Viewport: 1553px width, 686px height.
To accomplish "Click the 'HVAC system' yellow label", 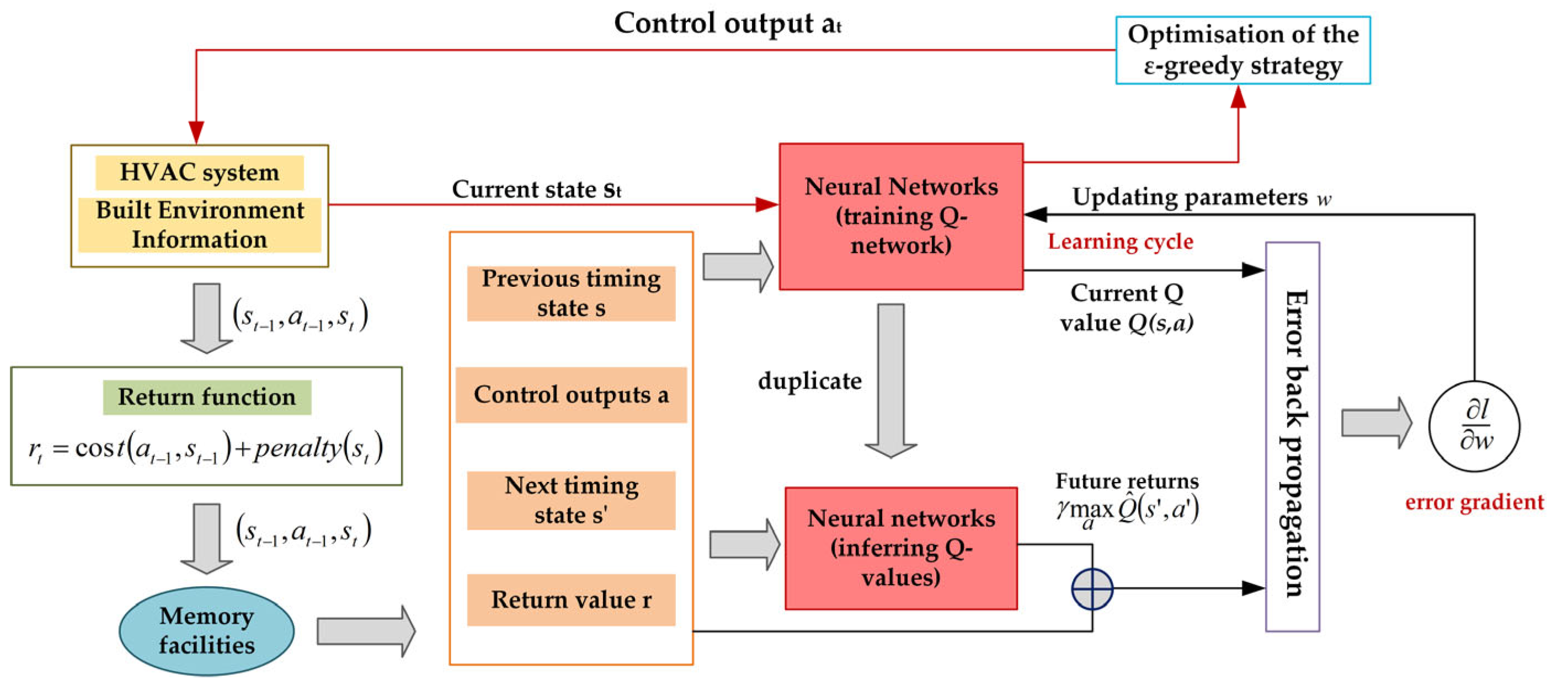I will (199, 173).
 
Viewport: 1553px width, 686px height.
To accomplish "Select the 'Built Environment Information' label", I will (199, 224).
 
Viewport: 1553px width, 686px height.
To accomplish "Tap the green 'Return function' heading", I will (207, 396).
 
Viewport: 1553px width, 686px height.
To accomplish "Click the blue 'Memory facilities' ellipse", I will (207, 630).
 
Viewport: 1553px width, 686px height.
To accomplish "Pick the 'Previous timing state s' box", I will (570, 293).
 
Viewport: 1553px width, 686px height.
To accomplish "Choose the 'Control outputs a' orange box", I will (570, 395).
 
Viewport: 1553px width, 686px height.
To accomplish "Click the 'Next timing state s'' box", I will (570, 500).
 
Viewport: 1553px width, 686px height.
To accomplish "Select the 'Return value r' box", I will (570, 599).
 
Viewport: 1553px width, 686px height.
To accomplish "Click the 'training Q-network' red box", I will (901, 216).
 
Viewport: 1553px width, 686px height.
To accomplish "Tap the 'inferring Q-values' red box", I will (901, 548).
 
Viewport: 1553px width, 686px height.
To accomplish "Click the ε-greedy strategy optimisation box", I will (1242, 50).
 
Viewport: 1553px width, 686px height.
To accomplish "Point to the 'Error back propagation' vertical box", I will (1292, 437).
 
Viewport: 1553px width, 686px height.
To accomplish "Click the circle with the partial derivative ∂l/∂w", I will (1474, 426).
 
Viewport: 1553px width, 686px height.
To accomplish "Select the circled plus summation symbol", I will (1092, 588).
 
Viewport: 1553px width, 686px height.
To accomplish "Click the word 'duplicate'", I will (809, 381).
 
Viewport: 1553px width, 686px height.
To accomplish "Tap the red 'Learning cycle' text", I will (1120, 241).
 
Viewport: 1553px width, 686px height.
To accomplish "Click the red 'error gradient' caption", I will (1474, 501).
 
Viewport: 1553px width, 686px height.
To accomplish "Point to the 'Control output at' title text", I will (727, 24).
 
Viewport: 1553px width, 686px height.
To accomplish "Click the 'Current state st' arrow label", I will (536, 189).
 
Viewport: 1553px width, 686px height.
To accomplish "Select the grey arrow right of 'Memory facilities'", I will (366, 630).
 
